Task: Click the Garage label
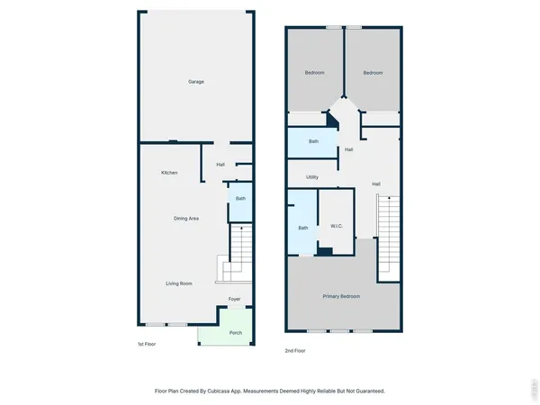(195, 82)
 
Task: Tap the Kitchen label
(169, 173)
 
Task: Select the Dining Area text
(186, 219)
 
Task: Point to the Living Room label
(179, 283)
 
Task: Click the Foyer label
(234, 299)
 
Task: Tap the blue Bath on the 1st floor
(240, 200)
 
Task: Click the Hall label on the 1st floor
(220, 165)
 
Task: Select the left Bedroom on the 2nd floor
(314, 73)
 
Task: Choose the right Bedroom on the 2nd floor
(373, 73)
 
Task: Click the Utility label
(312, 177)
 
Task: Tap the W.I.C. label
(335, 226)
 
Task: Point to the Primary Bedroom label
(342, 296)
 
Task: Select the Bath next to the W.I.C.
(303, 228)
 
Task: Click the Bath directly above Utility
(313, 141)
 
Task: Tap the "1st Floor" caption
(147, 345)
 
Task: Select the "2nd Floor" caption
(296, 350)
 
